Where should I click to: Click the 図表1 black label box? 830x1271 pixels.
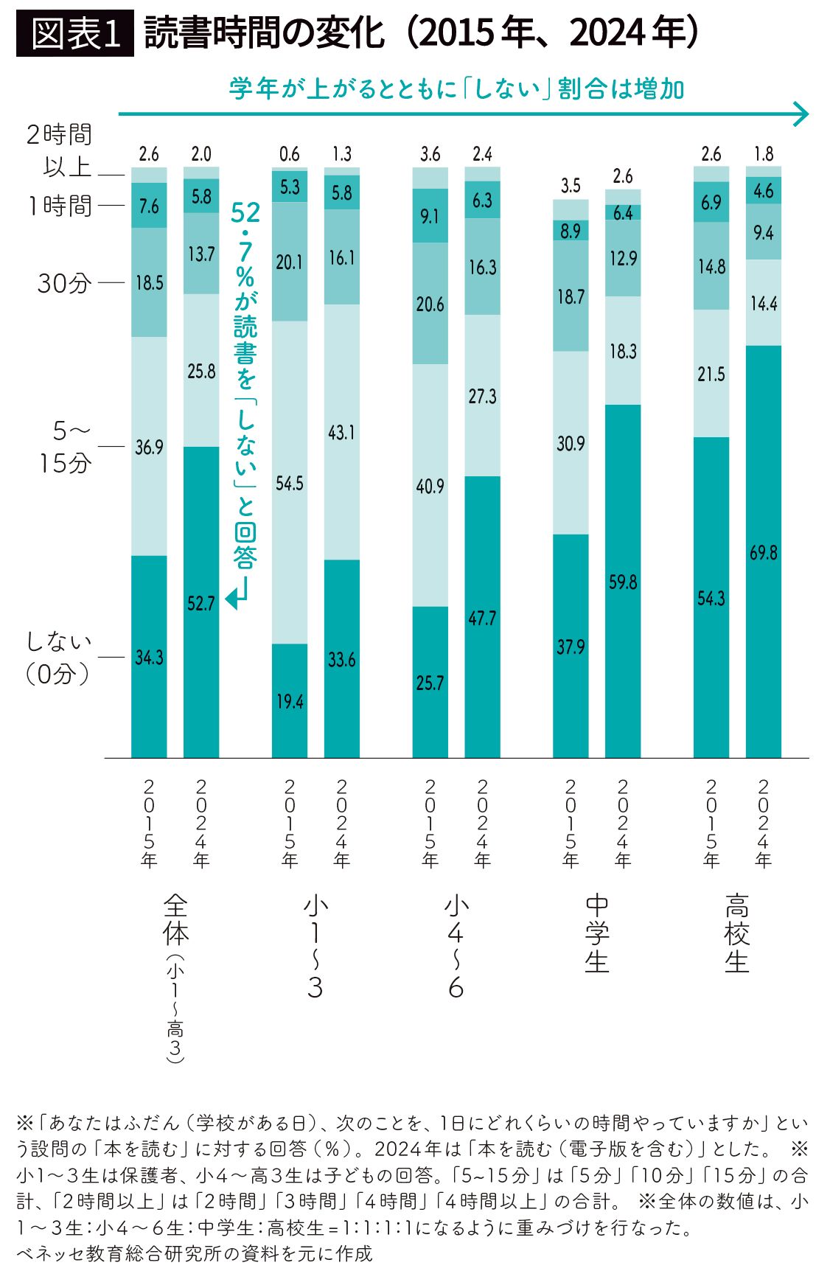pyautogui.click(x=74, y=33)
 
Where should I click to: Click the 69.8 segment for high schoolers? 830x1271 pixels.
pyautogui.click(x=763, y=551)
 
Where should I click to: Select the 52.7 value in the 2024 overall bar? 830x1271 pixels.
pyautogui.click(x=200, y=604)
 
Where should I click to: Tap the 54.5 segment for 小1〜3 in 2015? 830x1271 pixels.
pyautogui.click(x=290, y=482)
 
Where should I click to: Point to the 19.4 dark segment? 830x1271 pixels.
pyautogui.click(x=290, y=700)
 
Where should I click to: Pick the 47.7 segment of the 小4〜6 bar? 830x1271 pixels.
pyautogui.click(x=482, y=617)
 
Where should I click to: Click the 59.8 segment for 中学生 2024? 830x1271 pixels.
pyautogui.click(x=623, y=581)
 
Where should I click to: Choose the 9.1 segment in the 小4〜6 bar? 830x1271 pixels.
pyautogui.click(x=430, y=215)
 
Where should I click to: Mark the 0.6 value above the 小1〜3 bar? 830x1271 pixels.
pyautogui.click(x=290, y=153)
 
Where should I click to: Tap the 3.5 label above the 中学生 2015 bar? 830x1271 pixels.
pyautogui.click(x=571, y=185)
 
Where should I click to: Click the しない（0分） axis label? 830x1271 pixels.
pyautogui.click(x=59, y=657)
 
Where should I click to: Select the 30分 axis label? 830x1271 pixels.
pyautogui.click(x=65, y=283)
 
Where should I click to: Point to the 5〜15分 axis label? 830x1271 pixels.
pyautogui.click(x=66, y=447)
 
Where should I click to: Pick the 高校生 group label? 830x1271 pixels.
pyautogui.click(x=737, y=933)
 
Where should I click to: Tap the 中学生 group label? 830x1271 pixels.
pyautogui.click(x=597, y=933)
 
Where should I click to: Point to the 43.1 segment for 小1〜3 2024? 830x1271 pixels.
pyautogui.click(x=342, y=432)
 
